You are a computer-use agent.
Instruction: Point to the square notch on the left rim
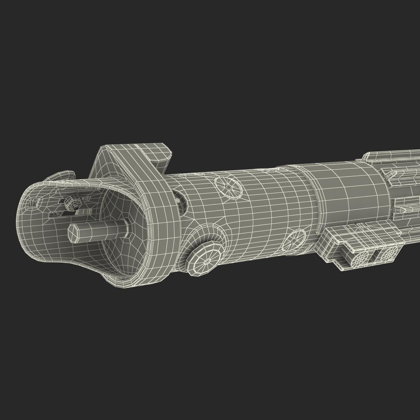coord(38,202)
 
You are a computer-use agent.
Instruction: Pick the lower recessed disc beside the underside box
coord(294,240)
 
